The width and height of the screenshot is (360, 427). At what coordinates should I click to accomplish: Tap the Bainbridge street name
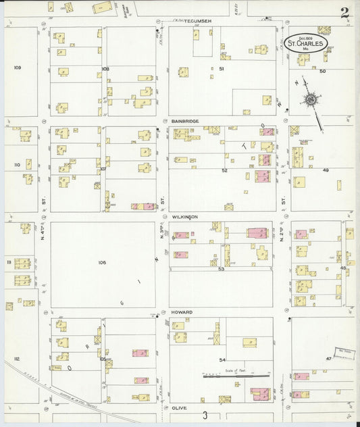184,120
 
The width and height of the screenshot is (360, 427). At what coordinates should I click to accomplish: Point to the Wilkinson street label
184,217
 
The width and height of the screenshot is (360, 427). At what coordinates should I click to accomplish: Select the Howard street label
182,312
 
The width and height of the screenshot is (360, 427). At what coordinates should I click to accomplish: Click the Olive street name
179,409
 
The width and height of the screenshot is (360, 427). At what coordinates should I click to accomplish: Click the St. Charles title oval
306,43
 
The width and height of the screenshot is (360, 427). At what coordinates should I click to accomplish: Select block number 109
18,68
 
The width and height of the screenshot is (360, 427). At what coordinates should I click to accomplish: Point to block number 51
221,69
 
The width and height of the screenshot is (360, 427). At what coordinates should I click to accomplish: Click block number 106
102,262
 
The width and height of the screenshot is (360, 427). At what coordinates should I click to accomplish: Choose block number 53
221,268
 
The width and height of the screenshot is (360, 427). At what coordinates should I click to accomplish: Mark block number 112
18,358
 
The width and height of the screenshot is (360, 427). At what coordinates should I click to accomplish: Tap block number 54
222,361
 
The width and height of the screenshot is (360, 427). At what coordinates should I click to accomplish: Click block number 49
325,170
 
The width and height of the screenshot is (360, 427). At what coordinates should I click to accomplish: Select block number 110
18,164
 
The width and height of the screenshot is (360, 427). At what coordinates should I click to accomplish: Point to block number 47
328,357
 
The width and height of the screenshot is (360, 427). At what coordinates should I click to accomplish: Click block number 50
323,71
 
